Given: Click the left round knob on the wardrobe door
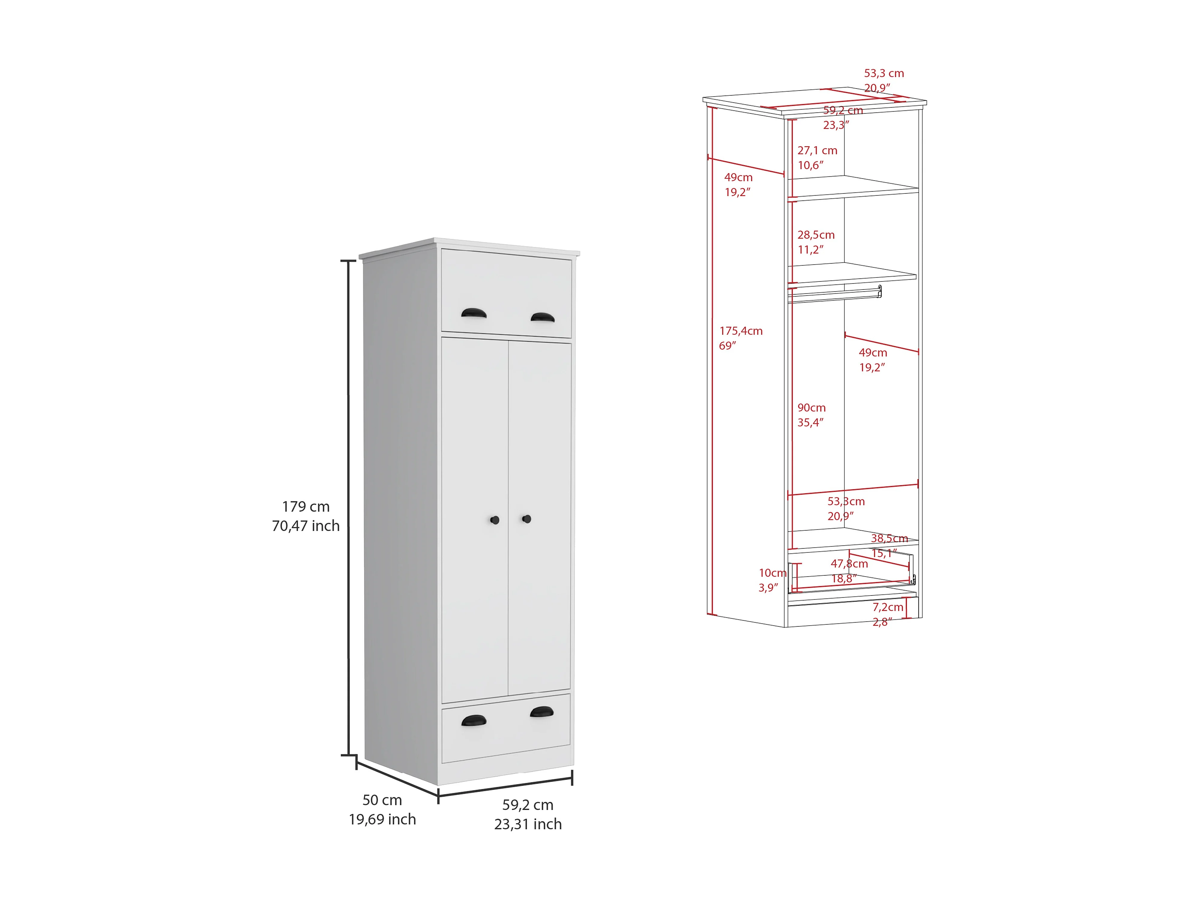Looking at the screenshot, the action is pyautogui.click(x=494, y=520).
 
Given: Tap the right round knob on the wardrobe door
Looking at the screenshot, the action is pyautogui.click(x=526, y=519).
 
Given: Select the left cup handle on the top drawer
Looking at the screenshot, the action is pyautogui.click(x=473, y=313).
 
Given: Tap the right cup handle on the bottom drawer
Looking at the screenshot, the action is pyautogui.click(x=542, y=712).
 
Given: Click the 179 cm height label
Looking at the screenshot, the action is pyautogui.click(x=306, y=507).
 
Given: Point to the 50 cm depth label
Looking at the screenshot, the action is pyautogui.click(x=382, y=800).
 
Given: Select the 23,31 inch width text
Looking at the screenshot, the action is pyautogui.click(x=528, y=824).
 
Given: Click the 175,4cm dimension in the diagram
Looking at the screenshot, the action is pyautogui.click(x=740, y=331).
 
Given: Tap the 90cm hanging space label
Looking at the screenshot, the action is pyautogui.click(x=811, y=407).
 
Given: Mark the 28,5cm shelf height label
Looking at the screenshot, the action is pyautogui.click(x=816, y=235).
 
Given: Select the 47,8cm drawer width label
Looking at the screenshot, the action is pyautogui.click(x=849, y=564).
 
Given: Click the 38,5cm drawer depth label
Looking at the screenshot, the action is pyautogui.click(x=889, y=538).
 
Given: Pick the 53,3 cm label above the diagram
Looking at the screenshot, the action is pyautogui.click(x=884, y=73).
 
